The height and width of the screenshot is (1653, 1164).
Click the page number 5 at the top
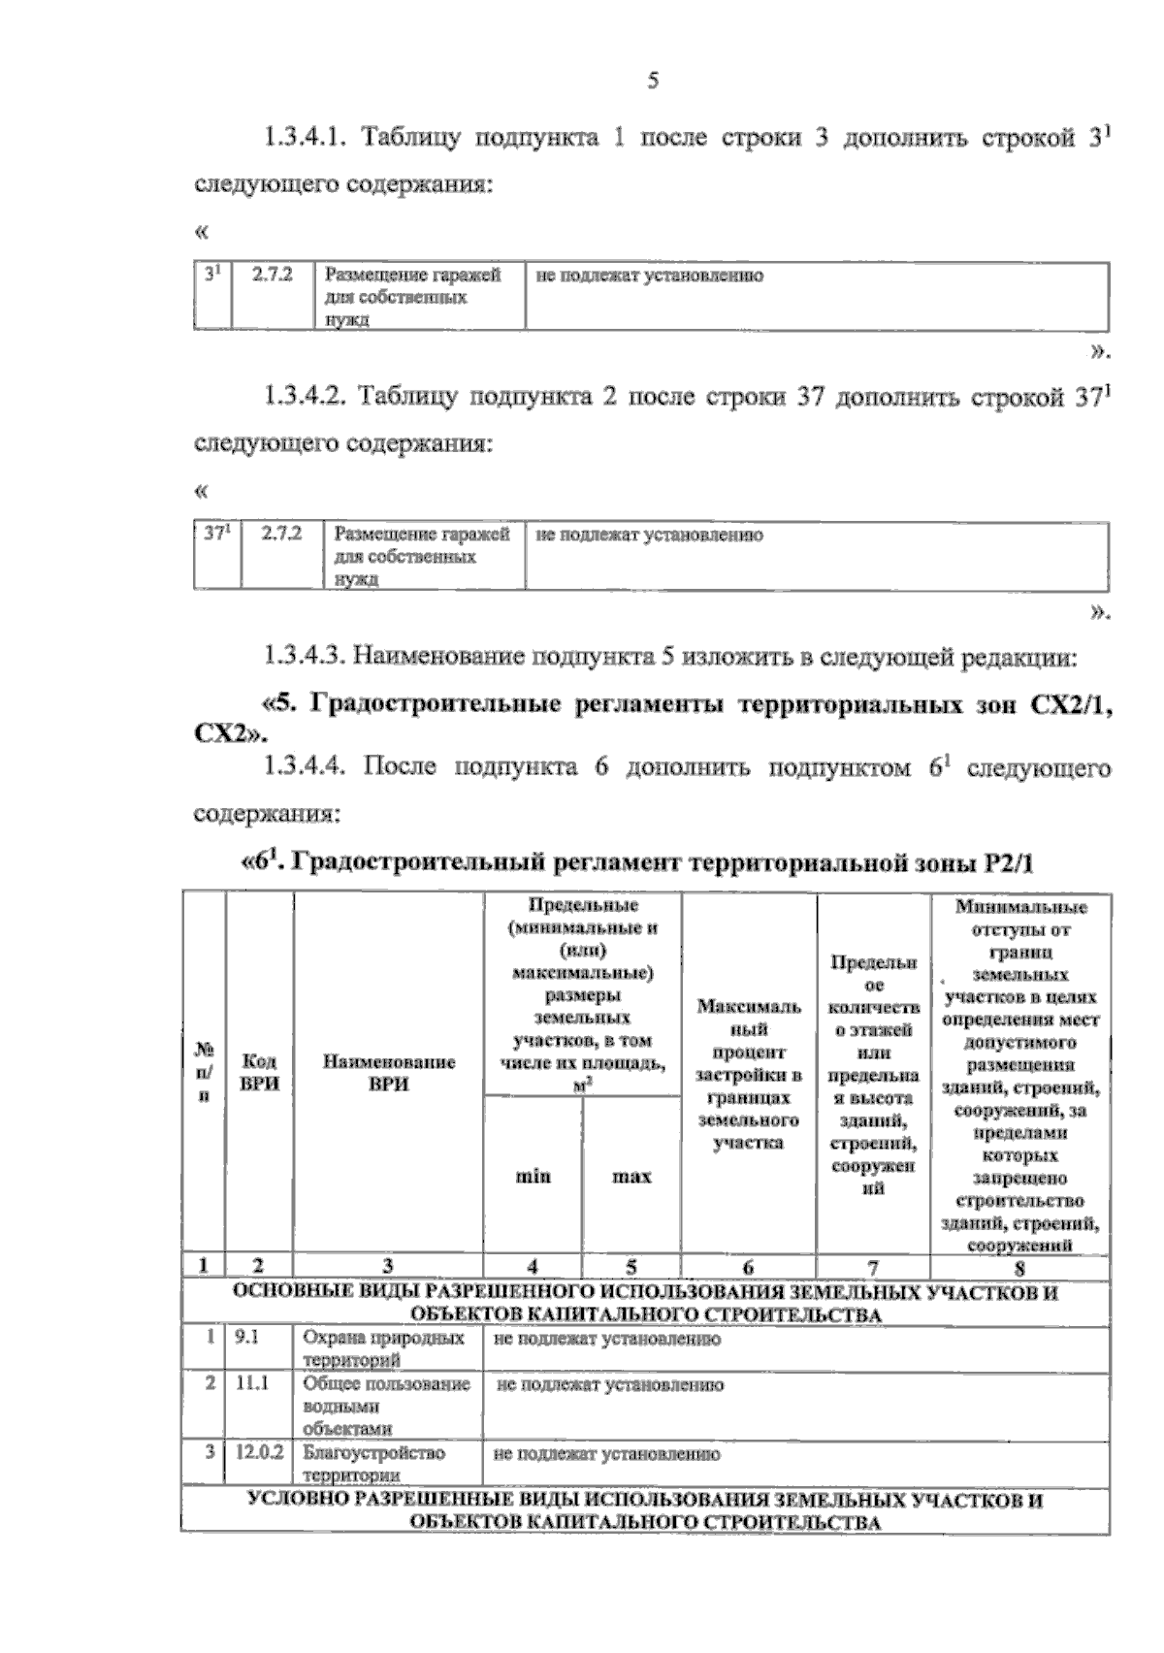652,81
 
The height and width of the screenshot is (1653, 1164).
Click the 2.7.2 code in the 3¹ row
273,275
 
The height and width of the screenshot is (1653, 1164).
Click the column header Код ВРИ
259,1073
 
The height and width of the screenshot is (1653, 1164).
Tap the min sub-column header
533,1177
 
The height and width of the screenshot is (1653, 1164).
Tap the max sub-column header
631,1177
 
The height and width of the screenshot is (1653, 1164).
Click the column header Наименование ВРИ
388,1073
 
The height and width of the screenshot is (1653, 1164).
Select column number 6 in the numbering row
748,1267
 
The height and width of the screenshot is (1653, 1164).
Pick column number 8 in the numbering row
1019,1267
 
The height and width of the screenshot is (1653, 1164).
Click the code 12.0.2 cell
258,1453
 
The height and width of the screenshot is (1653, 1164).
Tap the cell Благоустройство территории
373,1463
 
